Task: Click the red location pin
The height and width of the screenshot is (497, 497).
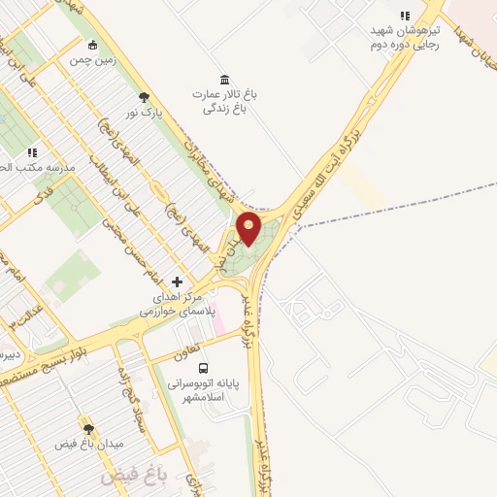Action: click(248, 228)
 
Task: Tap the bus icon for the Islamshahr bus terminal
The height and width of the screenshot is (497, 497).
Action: click(203, 368)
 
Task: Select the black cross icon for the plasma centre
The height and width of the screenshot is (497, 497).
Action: click(176, 281)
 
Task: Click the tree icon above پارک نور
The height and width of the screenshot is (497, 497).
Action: click(145, 96)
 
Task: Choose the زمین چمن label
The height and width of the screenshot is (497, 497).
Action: click(92, 59)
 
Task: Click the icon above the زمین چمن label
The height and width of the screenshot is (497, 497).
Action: click(92, 44)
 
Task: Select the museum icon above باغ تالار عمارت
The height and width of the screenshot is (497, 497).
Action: click(225, 80)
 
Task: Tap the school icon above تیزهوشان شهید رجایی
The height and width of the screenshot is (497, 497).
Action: click(405, 16)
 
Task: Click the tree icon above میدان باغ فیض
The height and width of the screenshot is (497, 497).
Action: click(88, 428)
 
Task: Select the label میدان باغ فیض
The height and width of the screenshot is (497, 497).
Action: click(88, 444)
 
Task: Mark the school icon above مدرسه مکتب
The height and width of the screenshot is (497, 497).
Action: click(32, 152)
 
